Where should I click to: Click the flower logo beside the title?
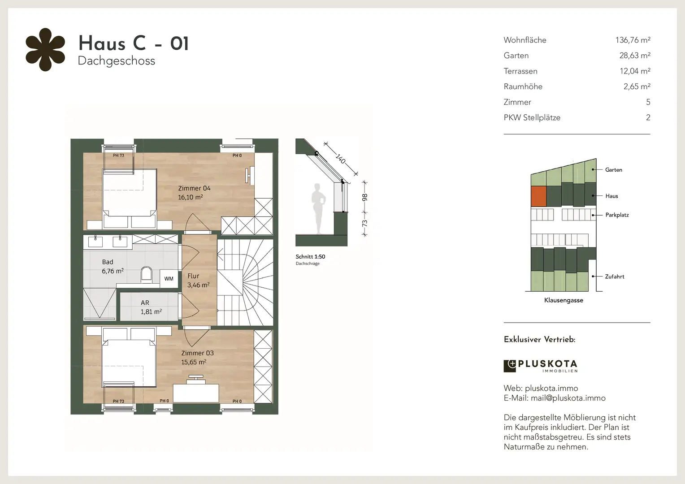(x=45, y=50)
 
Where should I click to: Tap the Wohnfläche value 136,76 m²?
(x=633, y=40)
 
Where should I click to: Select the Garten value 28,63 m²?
(x=635, y=56)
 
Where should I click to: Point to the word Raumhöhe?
(x=523, y=86)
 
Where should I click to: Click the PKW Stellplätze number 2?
(x=648, y=117)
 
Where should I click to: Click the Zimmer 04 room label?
(x=194, y=188)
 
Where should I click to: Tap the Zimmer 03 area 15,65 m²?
(x=194, y=362)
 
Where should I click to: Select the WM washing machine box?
(x=169, y=279)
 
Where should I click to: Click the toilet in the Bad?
(x=147, y=274)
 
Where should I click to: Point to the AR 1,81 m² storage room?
(x=149, y=307)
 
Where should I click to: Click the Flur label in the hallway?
(x=193, y=276)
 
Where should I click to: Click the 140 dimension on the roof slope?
(x=340, y=159)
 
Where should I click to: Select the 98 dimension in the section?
(x=364, y=198)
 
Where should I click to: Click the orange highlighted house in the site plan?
(x=538, y=196)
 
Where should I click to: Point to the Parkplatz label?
(x=617, y=215)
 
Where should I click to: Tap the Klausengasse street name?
(x=564, y=300)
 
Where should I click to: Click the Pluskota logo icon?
(x=509, y=366)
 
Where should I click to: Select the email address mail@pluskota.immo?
(x=568, y=398)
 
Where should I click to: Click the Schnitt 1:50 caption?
(x=310, y=257)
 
